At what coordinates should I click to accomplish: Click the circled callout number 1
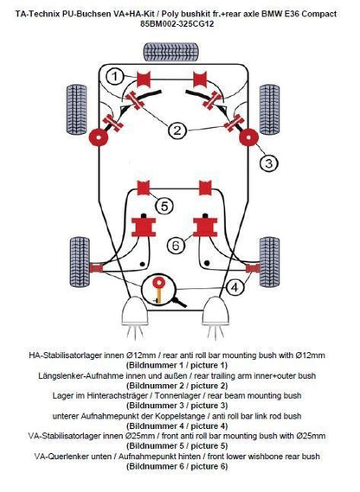coord(115,77)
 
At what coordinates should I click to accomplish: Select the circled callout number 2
coord(177,130)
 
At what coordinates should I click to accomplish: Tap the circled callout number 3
coord(269,163)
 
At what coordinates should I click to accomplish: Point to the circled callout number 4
coord(235,287)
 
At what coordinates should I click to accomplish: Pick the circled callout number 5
coord(164,206)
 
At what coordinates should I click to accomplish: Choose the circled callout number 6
coord(176,245)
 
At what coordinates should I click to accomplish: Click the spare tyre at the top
coord(170,52)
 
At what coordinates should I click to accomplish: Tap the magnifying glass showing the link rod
coord(161,290)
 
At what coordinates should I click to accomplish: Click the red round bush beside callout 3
coord(249,137)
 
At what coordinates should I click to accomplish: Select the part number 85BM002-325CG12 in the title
coord(177,24)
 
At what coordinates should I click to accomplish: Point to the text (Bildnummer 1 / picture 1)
coord(177,365)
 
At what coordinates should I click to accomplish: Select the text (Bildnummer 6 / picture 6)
coord(177,466)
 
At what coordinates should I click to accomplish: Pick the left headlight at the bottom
coord(134,311)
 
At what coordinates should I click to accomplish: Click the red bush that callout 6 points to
coord(205,227)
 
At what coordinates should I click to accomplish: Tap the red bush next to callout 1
coord(144,80)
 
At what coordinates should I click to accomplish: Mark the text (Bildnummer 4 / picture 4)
coord(177,426)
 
